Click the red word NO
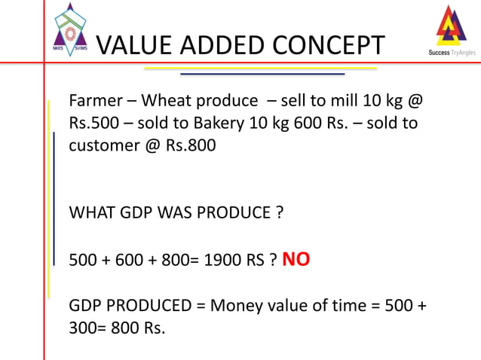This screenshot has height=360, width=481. [296, 261]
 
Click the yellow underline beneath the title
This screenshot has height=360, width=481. [260, 68]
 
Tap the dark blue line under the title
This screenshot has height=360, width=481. [262, 75]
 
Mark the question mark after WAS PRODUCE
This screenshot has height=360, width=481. [280, 212]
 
